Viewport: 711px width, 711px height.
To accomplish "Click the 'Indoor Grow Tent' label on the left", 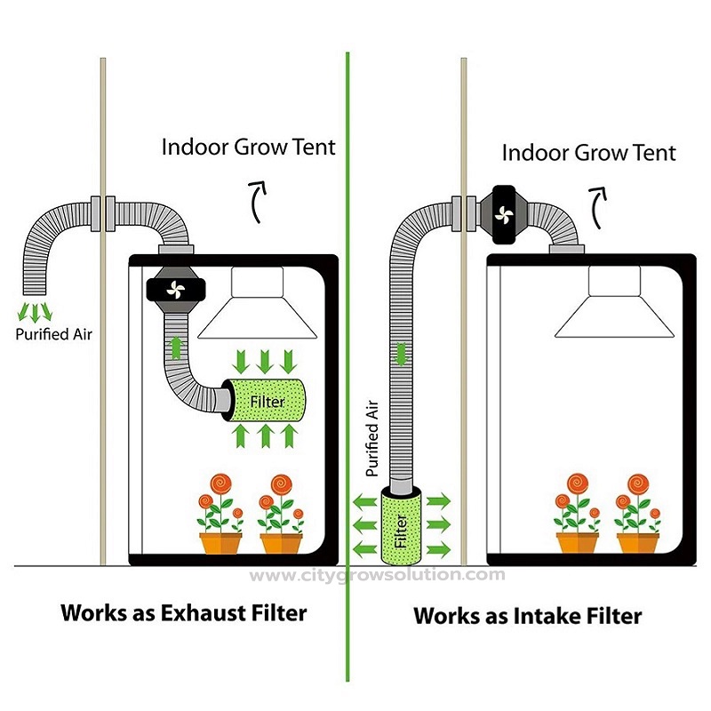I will [249, 147].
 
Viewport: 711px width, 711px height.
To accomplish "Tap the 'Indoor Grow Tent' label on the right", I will [588, 152].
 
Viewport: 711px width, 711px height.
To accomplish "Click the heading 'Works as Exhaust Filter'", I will [183, 612].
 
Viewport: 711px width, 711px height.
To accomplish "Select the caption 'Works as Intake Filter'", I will [528, 615].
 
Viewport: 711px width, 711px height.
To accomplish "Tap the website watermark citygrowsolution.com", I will [377, 575].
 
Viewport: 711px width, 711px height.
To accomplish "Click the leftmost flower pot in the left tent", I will [220, 540].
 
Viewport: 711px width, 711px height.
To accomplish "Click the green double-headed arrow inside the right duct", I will [402, 353].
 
